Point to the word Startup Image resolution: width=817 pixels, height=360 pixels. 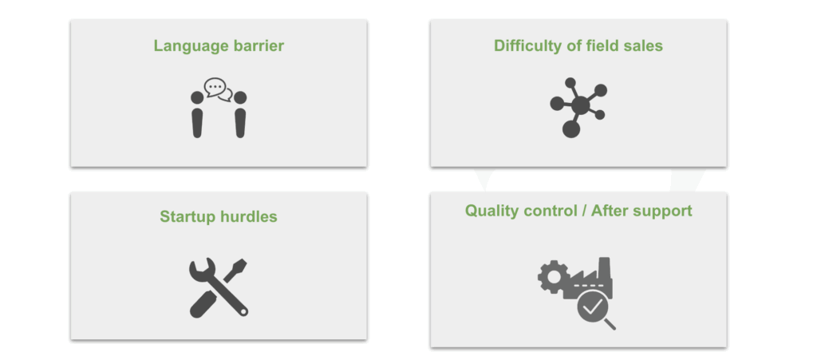tap(187, 217)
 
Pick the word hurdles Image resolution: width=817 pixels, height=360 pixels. tap(249, 216)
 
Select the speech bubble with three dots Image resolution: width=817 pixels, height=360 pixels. tap(215, 86)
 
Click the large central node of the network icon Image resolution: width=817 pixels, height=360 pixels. tap(580, 105)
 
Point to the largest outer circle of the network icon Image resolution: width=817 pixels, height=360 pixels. tap(571, 129)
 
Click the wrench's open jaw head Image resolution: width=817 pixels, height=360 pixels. tap(201, 268)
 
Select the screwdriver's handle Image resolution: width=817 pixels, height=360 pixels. tap(203, 304)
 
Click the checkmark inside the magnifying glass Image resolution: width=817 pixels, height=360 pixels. tap(592, 307)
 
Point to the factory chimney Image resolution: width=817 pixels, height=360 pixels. tap(605, 267)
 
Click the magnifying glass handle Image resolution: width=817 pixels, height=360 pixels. tap(610, 324)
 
